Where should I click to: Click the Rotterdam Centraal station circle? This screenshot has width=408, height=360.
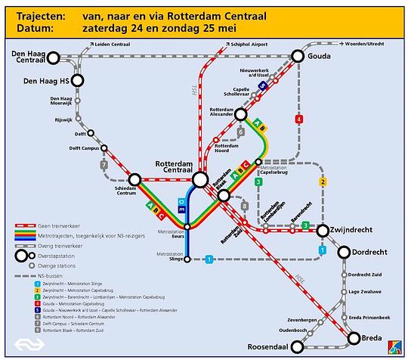[x=200, y=179]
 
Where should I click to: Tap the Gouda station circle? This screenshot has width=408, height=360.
[x=298, y=56]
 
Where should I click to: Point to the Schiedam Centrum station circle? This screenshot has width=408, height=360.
[x=135, y=179]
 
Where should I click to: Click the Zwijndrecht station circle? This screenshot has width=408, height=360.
[x=323, y=230]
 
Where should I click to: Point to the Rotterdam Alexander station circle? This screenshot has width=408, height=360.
[x=240, y=114]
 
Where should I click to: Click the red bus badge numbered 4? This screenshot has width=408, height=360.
[x=299, y=119]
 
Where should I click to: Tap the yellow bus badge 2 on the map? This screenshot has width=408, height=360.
[x=323, y=182]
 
